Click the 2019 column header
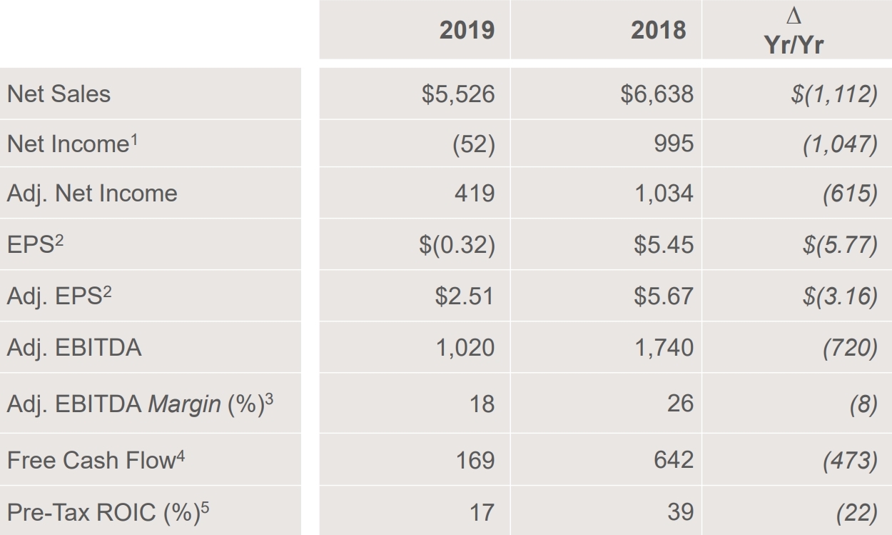(467, 30)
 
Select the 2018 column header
(658, 30)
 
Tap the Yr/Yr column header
(793, 45)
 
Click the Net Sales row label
(59, 94)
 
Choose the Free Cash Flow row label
(90, 460)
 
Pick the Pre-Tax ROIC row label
(101, 512)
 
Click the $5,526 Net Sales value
(457, 94)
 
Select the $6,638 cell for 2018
(657, 94)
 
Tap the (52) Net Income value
(473, 144)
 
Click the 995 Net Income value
(671, 144)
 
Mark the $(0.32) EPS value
(457, 245)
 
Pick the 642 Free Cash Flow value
(673, 459)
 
